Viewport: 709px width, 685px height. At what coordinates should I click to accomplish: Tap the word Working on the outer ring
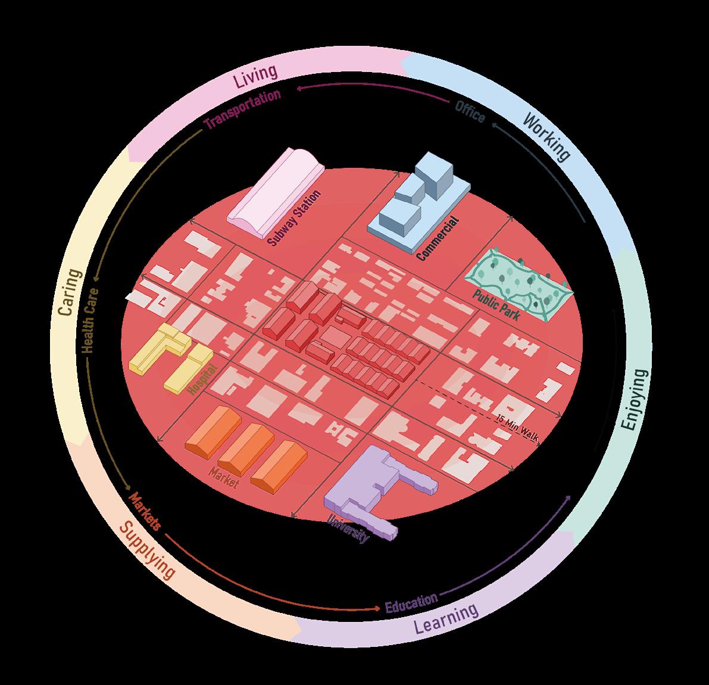click(546, 136)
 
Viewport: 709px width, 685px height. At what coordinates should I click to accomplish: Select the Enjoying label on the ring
click(633, 399)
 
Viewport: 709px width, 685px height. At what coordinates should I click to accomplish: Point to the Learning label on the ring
click(446, 618)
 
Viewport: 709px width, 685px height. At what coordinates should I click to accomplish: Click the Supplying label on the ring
click(148, 550)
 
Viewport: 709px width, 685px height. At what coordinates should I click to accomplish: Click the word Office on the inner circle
click(470, 112)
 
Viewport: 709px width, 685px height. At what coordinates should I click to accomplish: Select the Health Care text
click(90, 321)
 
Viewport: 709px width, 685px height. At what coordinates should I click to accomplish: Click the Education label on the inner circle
click(411, 602)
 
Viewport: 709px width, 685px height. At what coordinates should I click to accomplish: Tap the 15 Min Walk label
click(516, 428)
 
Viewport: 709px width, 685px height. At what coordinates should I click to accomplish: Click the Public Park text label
click(496, 306)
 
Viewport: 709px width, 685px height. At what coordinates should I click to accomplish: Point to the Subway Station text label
click(294, 218)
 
